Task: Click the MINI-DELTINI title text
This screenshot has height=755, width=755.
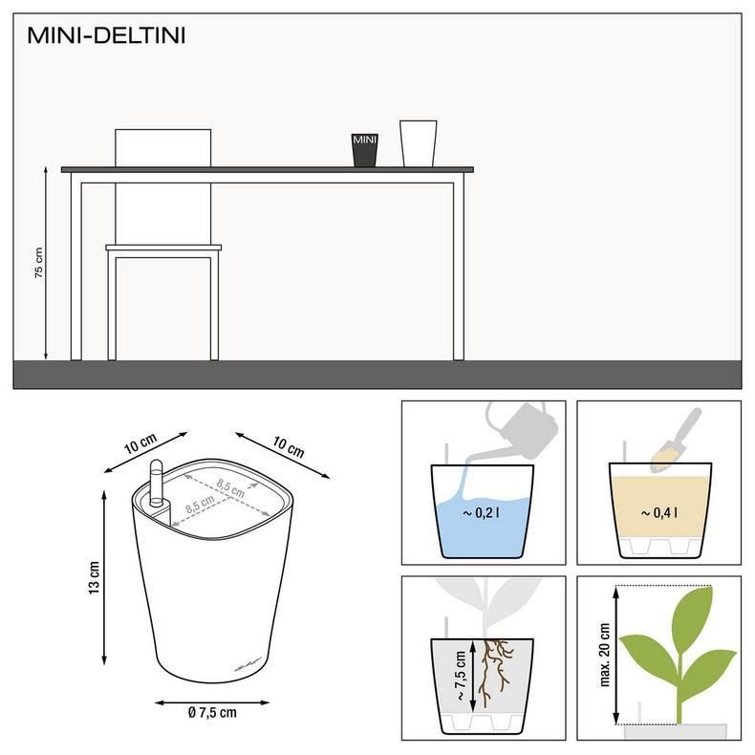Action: coord(106,36)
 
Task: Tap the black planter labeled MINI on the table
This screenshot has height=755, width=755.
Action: coord(365,150)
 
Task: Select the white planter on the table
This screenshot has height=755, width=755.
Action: coord(418,143)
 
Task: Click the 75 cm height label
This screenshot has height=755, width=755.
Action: coord(39,263)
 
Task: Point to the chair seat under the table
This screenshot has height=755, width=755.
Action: coord(163,248)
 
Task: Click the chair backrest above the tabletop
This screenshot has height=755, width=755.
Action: coord(162,146)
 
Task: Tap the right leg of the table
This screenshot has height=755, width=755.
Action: coord(459,268)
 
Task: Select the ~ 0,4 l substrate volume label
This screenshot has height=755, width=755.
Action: coord(658,513)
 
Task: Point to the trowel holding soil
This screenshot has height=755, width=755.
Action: coord(679,441)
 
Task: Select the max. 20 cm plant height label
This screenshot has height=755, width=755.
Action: coord(604,655)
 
